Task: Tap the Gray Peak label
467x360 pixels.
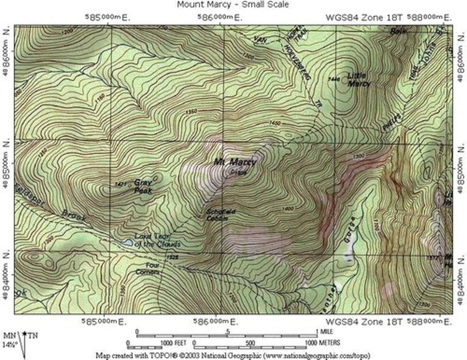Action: [143, 186]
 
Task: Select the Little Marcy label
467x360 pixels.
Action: [359, 79]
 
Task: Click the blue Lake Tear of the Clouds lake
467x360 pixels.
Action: [127, 243]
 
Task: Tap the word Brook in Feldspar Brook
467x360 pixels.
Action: [74, 216]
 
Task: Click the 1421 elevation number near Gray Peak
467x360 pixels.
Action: [120, 184]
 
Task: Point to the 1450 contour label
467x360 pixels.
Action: [275, 123]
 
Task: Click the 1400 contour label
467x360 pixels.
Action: [288, 208]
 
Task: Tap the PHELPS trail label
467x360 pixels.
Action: [392, 122]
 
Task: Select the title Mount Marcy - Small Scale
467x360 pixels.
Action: [233, 5]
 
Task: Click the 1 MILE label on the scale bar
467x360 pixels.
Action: [326, 332]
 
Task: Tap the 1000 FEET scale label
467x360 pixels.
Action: [174, 343]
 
